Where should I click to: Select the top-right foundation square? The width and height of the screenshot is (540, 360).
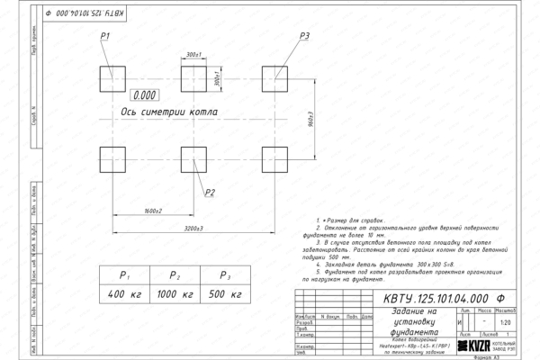[x=274, y=76]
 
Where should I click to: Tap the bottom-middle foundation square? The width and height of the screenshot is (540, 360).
[x=193, y=158]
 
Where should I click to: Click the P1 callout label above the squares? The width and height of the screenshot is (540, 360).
[x=105, y=35]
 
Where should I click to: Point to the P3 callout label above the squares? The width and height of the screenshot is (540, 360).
[x=305, y=35]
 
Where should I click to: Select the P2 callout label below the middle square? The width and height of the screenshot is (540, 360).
[x=210, y=193]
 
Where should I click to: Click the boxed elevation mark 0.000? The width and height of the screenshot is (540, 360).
[x=144, y=94]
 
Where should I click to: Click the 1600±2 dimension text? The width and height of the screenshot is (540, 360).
[x=152, y=211]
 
